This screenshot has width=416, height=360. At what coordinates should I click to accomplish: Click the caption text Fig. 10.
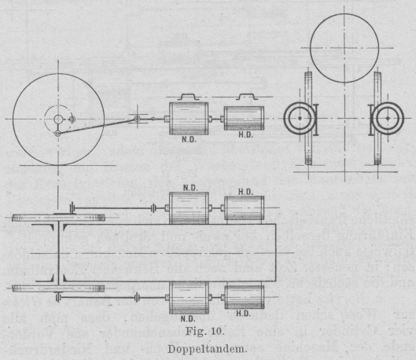[204, 331]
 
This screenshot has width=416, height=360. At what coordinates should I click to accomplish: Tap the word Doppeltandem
[207, 349]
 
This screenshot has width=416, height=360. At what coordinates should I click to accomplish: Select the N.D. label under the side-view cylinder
[189, 139]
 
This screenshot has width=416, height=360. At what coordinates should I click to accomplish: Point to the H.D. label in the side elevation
[245, 134]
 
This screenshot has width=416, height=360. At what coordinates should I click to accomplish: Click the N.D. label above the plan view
[190, 188]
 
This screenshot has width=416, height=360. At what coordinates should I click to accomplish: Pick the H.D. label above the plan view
[245, 192]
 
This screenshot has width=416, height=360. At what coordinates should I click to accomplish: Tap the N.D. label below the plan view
[188, 318]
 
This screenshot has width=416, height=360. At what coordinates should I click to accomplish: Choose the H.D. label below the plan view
[244, 314]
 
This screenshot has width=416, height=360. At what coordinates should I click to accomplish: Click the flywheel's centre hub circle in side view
[58, 119]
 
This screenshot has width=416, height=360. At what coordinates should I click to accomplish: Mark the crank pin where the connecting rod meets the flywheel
[58, 134]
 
